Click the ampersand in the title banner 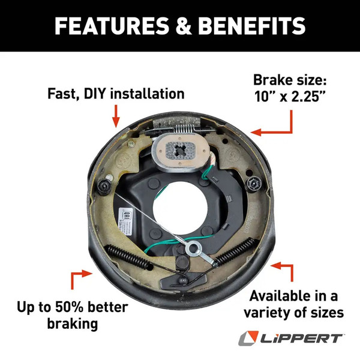182,26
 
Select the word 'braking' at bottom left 72,325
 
